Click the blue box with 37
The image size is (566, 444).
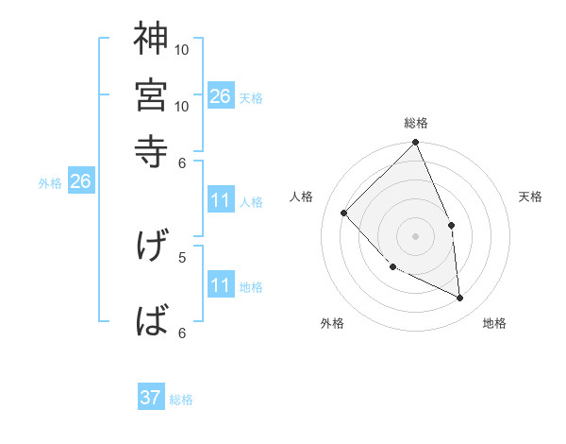151,398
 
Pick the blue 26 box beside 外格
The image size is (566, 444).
80,181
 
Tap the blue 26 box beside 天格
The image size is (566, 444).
221,95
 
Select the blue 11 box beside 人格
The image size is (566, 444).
221,200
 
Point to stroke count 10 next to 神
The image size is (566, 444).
182,49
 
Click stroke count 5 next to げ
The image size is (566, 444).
182,256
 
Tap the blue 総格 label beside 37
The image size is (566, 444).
181,400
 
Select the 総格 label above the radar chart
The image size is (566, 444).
416,123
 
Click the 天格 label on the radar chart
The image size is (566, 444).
530,196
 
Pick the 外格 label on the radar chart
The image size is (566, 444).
332,323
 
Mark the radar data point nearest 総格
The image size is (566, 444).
416,144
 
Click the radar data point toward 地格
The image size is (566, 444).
460,298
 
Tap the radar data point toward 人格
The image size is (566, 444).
344,213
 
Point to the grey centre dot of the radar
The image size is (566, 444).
416,235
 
